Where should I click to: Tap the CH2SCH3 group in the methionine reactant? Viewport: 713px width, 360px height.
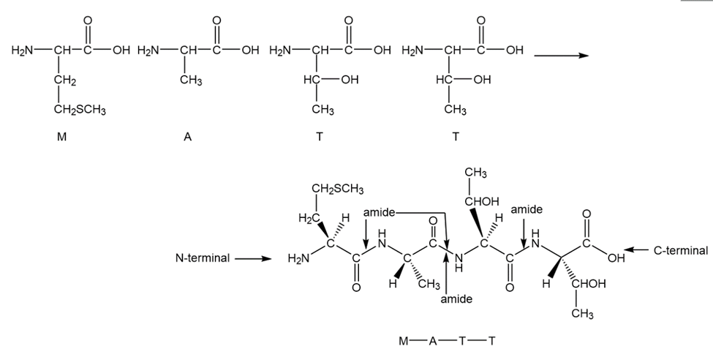(x=80, y=110)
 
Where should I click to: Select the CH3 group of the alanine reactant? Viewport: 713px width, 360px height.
(x=192, y=80)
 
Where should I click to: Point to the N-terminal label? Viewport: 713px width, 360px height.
(x=203, y=258)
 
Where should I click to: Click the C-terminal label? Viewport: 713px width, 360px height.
(x=680, y=250)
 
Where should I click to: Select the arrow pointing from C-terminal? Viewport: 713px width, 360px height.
(x=635, y=250)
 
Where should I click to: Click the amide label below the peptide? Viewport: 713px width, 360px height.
(x=457, y=299)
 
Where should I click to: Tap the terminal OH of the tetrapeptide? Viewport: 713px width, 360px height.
(x=617, y=258)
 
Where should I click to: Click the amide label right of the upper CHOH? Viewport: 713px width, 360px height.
(x=526, y=210)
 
